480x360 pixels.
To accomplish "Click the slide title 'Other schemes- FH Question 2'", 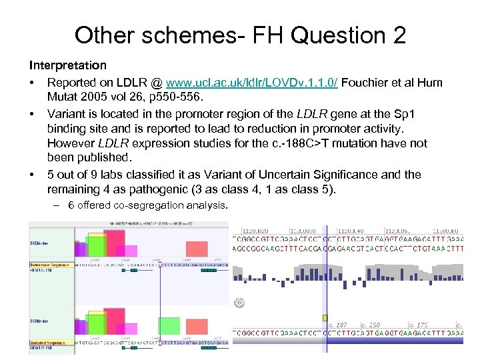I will [240, 35].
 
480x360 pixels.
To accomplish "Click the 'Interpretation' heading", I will [67, 65].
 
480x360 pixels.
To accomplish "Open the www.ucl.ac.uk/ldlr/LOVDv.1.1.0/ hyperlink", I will [252, 83].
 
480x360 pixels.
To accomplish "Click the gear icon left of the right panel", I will [238, 303].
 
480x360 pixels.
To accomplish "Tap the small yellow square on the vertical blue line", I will [325, 318].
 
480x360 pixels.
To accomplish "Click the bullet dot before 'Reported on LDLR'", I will [32, 83].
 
